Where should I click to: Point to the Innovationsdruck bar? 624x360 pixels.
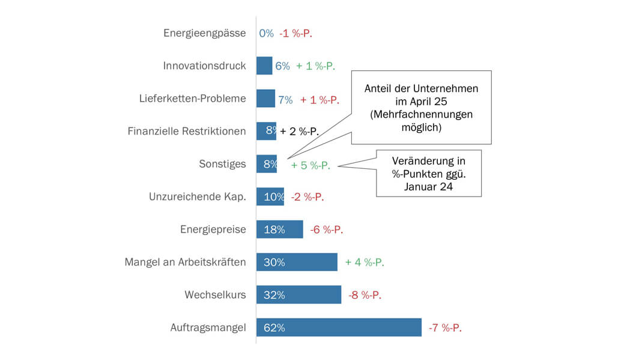(264, 66)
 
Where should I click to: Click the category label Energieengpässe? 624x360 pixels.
(204, 33)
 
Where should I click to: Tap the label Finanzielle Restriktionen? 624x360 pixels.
(187, 131)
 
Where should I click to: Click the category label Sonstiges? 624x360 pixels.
(222, 164)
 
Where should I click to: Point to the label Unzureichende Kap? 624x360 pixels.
(198, 197)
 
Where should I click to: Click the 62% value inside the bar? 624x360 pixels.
(274, 328)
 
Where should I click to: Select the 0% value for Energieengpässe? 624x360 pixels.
(266, 33)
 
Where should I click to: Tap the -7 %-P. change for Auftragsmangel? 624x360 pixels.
(445, 328)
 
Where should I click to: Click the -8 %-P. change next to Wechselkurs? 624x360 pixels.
(365, 295)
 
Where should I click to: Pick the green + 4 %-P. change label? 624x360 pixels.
(365, 262)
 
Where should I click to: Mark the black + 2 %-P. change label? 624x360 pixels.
(299, 132)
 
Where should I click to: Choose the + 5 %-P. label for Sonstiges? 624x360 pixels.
(310, 165)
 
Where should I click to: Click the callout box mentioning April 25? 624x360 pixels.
(421, 108)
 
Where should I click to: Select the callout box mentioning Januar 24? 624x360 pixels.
(429, 173)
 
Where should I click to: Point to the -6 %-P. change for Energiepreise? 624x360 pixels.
(326, 230)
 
